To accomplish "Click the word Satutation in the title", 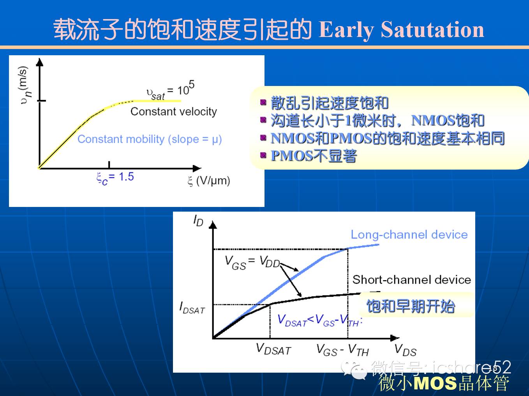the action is click(432, 29).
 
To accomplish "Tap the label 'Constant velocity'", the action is click(173, 112).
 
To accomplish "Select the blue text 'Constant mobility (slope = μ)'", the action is click(150, 140).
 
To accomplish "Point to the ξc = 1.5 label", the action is click(115, 178).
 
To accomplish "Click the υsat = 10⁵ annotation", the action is click(170, 90).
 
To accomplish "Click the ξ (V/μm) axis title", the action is click(209, 181).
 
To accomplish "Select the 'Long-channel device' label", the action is click(409, 235).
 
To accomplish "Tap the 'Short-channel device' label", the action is click(412, 280).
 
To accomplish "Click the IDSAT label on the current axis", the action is click(192, 308).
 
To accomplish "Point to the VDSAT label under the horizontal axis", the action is click(273, 349).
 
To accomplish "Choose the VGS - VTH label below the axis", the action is click(342, 350).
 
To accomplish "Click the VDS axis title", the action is click(406, 350).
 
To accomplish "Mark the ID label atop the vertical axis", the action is click(198, 221).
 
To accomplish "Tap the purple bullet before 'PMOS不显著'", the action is click(263, 156).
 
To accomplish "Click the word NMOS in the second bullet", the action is click(433, 120).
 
